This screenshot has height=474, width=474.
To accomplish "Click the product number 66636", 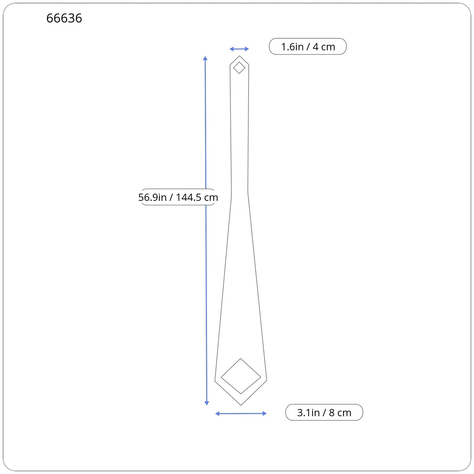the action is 64,18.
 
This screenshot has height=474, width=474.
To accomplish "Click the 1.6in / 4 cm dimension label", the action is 308,47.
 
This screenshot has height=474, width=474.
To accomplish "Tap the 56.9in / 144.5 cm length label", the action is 178,197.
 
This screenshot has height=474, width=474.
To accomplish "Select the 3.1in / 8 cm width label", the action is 324,412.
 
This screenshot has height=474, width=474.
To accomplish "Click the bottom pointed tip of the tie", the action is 241,405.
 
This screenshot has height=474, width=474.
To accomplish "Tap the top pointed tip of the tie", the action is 239,56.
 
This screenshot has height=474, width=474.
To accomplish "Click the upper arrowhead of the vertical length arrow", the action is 205,58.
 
